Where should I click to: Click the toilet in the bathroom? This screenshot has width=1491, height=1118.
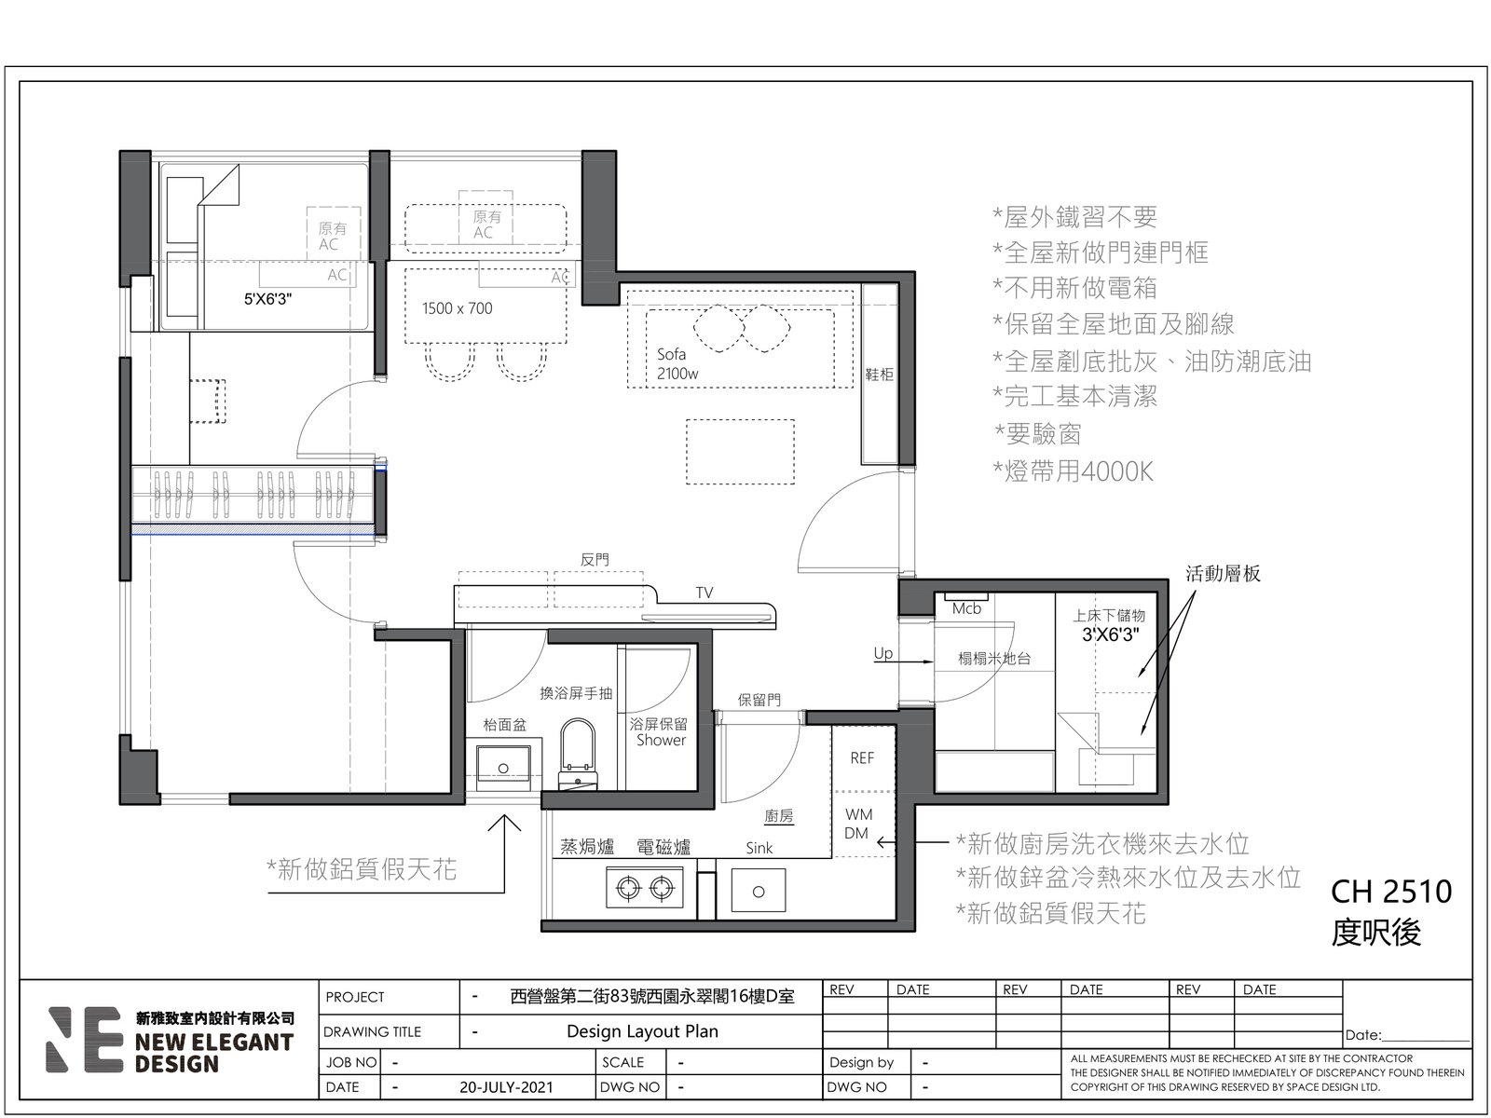(578, 754)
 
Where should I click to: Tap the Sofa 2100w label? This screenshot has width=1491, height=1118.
(677, 363)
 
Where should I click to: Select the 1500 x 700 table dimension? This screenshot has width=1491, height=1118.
(458, 308)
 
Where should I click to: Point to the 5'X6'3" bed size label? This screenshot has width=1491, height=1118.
(267, 299)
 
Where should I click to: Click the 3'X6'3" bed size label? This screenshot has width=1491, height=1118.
(1110, 634)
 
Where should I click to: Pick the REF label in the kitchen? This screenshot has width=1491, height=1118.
(862, 757)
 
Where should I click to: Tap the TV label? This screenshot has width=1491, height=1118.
(704, 593)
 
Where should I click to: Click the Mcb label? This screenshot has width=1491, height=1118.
(966, 609)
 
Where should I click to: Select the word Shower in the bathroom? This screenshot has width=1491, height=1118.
(661, 740)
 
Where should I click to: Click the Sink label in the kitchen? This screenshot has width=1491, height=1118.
(759, 848)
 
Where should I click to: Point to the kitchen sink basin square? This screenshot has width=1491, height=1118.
(758, 891)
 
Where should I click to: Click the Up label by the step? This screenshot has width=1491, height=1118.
(883, 653)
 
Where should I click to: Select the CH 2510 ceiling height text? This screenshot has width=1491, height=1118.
(1390, 892)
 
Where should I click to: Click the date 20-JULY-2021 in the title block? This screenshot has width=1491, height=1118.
(506, 1087)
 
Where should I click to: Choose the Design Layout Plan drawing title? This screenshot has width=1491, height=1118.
(642, 1031)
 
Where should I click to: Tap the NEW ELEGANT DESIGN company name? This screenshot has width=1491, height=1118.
(214, 1053)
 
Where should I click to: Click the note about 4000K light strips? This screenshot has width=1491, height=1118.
(1074, 471)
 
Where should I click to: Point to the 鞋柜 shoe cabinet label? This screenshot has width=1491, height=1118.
(879, 374)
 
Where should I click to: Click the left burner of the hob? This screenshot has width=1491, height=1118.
(628, 887)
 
